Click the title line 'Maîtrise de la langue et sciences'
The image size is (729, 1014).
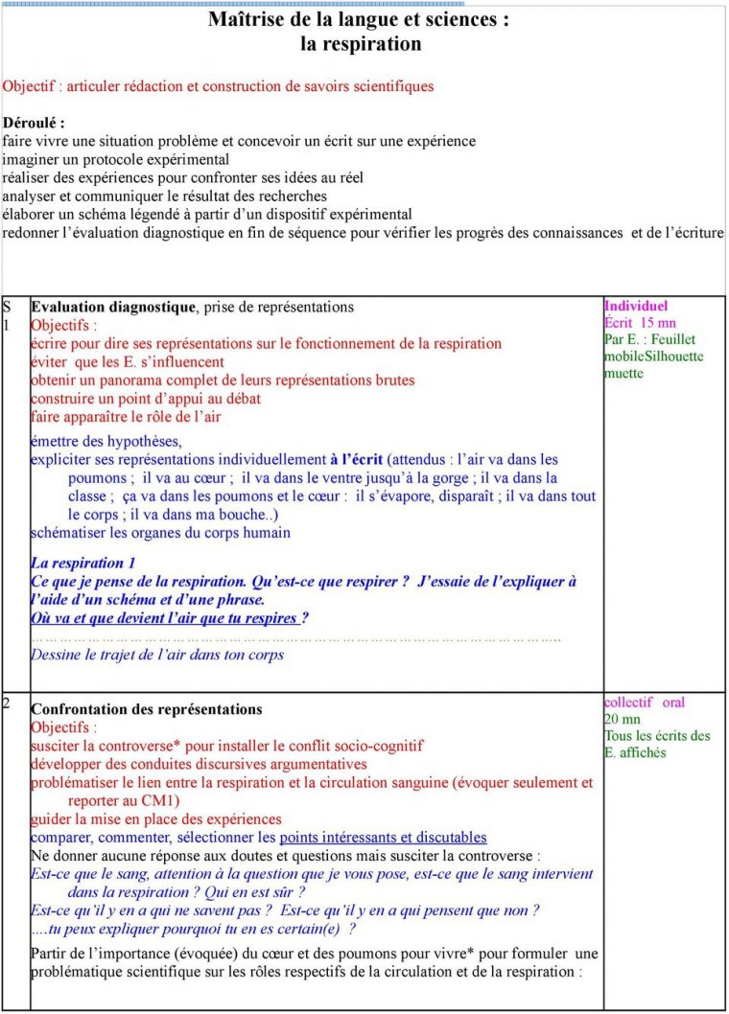point(358,20)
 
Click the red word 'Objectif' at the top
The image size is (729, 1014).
point(32,86)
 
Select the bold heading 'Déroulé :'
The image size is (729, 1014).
point(35,123)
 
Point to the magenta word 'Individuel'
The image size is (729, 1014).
point(636,307)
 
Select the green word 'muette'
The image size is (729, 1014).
point(623,373)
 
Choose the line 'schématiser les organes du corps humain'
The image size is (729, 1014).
point(160,533)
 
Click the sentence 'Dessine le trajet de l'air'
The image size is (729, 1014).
point(157,656)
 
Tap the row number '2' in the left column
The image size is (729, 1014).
point(8,703)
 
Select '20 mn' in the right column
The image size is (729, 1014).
point(623,719)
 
